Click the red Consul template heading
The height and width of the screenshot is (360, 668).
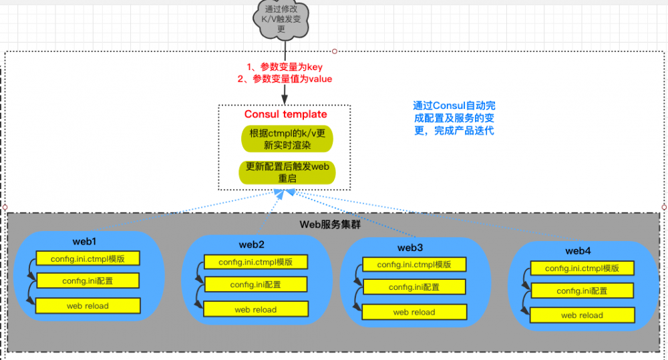coord(286,114)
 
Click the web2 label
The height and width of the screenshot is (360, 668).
coord(252,244)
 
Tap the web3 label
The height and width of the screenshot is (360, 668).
coord(410,247)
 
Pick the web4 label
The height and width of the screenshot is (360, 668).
coord(578,251)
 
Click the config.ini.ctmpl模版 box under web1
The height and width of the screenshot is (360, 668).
coord(88,258)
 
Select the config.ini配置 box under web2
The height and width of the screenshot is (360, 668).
coord(256,285)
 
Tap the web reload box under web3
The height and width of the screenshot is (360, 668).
coord(414,312)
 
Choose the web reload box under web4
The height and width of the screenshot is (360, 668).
coord(582,315)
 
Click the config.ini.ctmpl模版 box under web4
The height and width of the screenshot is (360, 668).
coord(582,268)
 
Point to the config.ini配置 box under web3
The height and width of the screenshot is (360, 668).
coord(414,287)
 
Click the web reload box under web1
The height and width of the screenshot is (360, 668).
coord(88,306)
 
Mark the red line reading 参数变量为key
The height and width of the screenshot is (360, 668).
coord(285,67)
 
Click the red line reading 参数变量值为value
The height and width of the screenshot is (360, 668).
coord(285,79)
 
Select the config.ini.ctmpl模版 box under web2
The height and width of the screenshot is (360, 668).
coord(256,262)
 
